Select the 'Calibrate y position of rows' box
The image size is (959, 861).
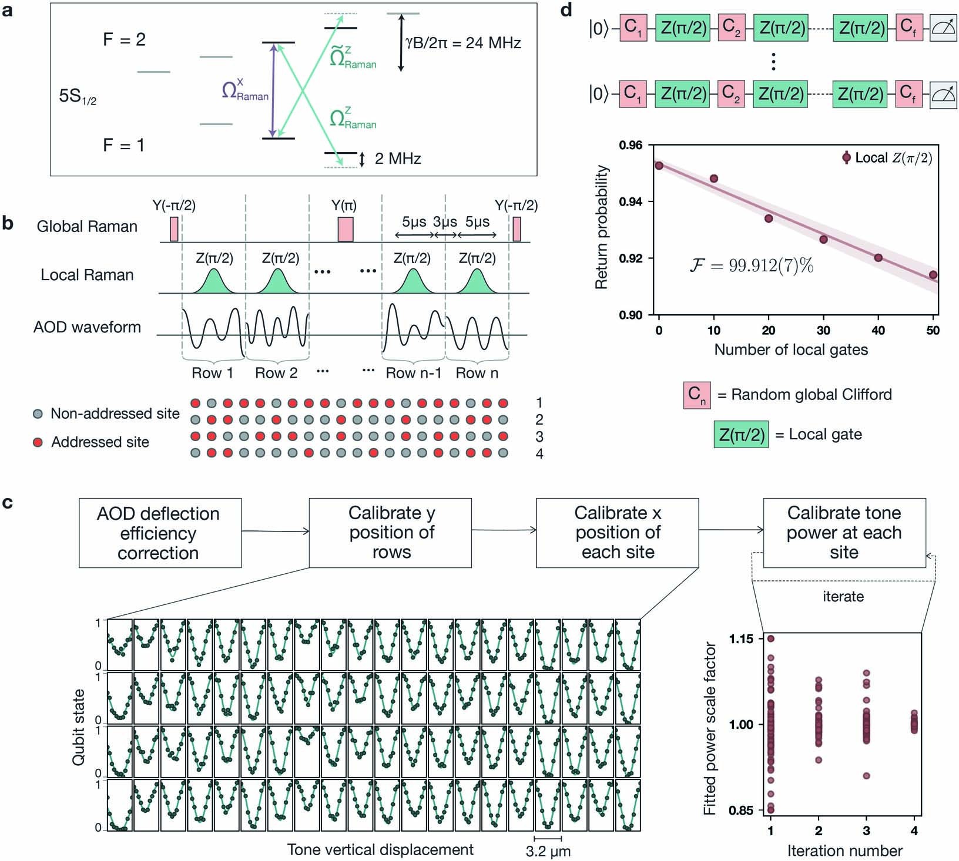point(390,533)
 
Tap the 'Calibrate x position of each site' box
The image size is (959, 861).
point(617,533)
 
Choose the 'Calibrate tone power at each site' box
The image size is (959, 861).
point(844,533)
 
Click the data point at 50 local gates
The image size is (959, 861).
point(933,275)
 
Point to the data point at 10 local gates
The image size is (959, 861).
point(713,179)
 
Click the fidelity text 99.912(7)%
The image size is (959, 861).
point(752,266)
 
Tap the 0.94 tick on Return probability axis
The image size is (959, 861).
point(631,201)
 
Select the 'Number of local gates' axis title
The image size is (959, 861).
point(790,350)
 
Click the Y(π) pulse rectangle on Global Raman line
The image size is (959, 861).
point(346,229)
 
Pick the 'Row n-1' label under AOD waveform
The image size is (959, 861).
point(413,373)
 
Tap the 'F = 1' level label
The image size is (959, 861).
point(123,145)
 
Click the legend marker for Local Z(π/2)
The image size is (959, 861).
point(846,157)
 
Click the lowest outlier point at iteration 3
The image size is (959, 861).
point(866,776)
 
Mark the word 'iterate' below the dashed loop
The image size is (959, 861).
point(843,597)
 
